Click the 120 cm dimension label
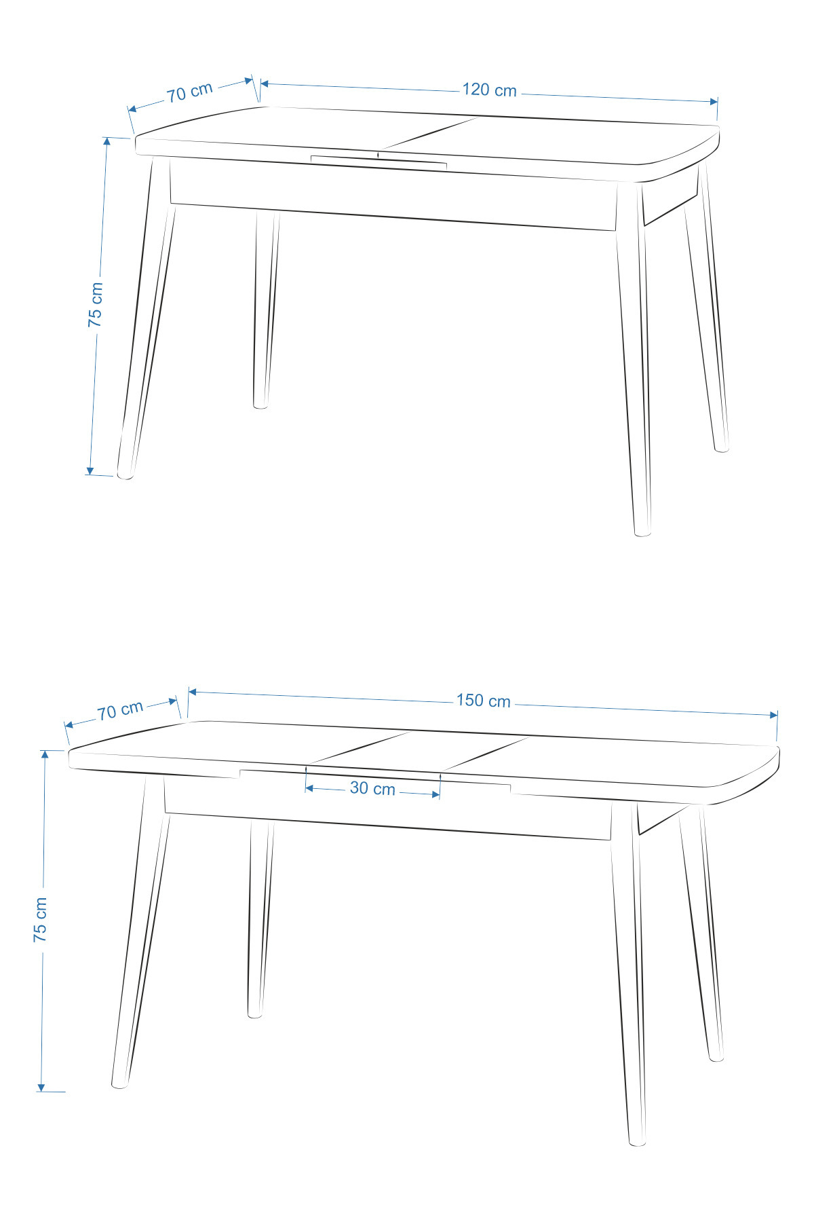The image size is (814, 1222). [489, 90]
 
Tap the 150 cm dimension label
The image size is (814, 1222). [483, 701]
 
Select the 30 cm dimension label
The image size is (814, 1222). [372, 788]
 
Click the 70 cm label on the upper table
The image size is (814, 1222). [190, 92]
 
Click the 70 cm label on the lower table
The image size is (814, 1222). [120, 710]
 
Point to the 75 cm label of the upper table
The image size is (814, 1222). [96, 305]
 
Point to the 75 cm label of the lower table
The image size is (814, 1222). [41, 919]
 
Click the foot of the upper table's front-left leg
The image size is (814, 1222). [125, 475]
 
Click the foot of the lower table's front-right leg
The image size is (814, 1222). [637, 1142]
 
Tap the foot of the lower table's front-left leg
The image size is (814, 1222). [119, 1084]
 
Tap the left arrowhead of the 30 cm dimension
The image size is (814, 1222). [309, 788]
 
